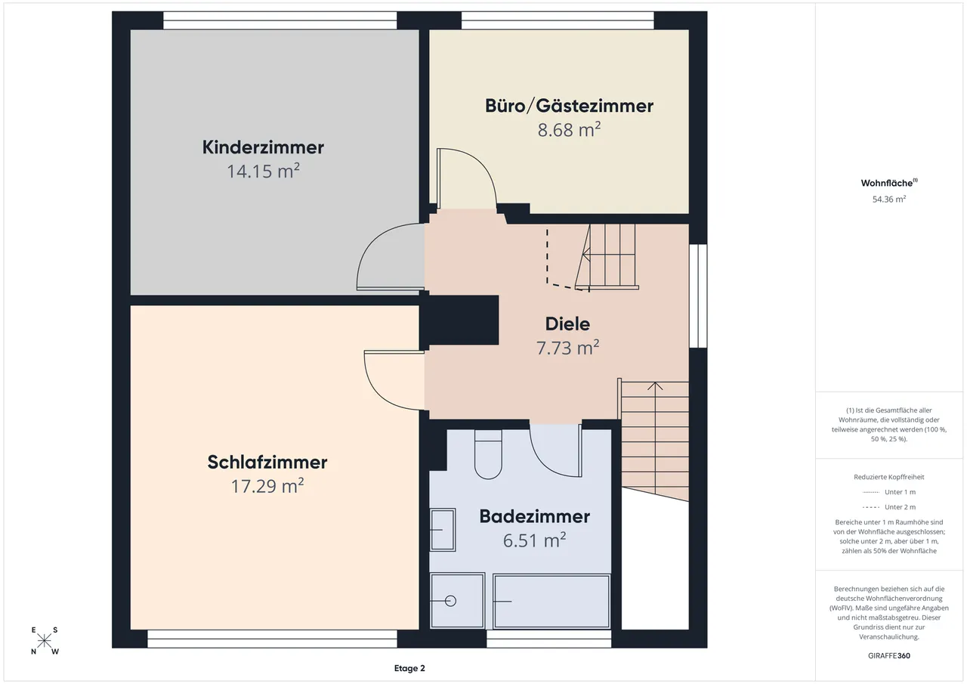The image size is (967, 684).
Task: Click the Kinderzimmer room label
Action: pos(263,147)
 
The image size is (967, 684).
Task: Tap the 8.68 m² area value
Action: pos(569,129)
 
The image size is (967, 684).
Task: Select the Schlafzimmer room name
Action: pos(267,462)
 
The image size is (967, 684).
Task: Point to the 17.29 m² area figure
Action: pos(267,486)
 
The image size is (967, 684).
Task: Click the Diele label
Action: pos(567,324)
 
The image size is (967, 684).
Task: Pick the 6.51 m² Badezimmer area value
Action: pos(534,540)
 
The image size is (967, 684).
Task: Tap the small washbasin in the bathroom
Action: pos(443,530)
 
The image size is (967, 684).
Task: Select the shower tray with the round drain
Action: pos(458,600)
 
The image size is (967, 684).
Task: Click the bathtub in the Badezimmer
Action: pos(551,601)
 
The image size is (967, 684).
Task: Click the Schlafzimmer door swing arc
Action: pos(375,391)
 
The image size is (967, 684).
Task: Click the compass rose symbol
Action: pos(44,641)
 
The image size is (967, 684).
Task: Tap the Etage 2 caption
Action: pos(409,668)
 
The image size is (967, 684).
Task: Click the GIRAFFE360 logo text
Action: pos(889,655)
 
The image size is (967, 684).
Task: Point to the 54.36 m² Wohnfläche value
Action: pos(889,199)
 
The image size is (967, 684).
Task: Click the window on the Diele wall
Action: pos(698,296)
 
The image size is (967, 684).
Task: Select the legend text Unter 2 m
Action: pos(900,507)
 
